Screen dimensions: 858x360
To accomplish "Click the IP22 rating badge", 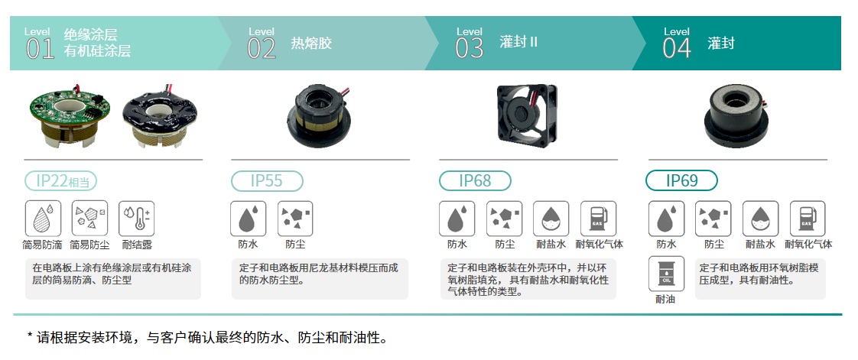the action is pos(60,181).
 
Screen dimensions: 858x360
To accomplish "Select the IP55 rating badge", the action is pos(267,181).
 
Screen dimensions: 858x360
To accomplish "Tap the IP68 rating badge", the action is pos(475,181).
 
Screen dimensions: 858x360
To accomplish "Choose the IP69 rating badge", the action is pos(682,181).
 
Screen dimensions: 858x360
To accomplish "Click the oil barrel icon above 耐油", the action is pos(666,274).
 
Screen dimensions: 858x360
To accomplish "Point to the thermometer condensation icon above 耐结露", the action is pos(137,219).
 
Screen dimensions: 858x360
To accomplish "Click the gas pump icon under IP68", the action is pos(599,219).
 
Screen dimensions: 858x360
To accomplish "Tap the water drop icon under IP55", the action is pos(248,219).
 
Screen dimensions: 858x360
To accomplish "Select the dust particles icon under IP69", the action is pos(713,219).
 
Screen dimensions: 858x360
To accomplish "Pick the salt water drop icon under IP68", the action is pos(551,219).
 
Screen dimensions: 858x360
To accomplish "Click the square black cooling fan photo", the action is pos(526,114).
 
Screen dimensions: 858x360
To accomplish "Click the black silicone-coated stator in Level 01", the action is pos(158,116).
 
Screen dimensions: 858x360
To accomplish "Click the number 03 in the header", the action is pos(470,49).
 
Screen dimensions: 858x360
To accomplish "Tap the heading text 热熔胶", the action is pos(311,44).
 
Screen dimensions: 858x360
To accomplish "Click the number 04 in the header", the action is pos(677,49).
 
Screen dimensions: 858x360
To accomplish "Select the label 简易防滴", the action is pos(42,245).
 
